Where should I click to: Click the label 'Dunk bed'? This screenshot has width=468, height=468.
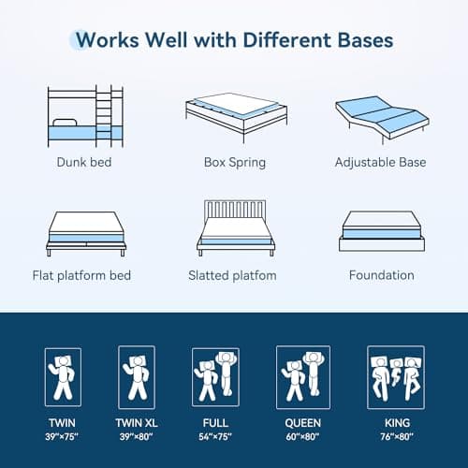[x=85, y=162]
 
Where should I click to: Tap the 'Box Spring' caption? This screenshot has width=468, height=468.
[x=234, y=162]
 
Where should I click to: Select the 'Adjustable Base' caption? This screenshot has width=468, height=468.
[x=381, y=162]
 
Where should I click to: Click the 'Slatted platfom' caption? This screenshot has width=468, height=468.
[x=234, y=275]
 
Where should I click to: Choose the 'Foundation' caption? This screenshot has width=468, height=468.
[x=381, y=275]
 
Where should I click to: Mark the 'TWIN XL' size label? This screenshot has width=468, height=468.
[x=136, y=422]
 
